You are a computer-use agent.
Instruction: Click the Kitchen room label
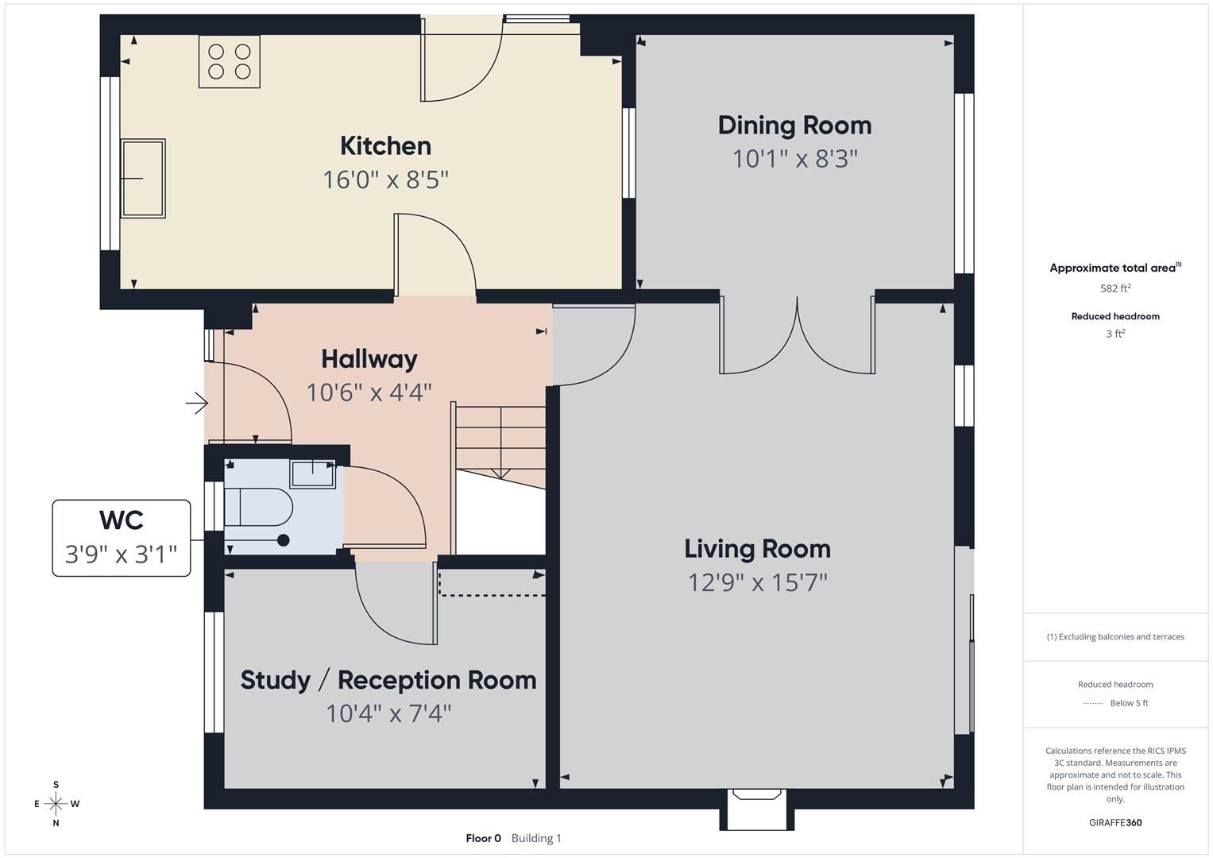tap(385, 146)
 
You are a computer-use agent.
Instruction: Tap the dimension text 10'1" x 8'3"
tap(794, 159)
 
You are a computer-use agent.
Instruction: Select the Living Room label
tap(757, 549)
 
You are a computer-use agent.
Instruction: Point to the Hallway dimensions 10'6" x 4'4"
tap(369, 392)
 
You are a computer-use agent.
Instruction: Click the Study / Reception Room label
tap(388, 680)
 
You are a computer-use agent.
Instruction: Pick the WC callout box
tap(122, 538)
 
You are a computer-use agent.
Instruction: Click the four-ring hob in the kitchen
tap(230, 62)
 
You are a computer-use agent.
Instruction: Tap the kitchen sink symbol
tap(143, 178)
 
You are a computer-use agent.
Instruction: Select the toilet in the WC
tap(258, 507)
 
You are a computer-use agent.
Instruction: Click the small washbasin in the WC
tap(313, 473)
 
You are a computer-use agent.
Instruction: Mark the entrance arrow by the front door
tap(196, 404)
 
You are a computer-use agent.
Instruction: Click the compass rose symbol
tap(56, 804)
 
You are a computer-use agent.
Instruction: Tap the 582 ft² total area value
tap(1115, 288)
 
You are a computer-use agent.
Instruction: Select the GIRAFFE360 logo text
tap(1115, 822)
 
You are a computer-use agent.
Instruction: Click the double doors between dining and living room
tap(797, 335)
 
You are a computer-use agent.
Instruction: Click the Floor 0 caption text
tap(483, 838)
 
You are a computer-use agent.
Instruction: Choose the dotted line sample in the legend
tap(1093, 703)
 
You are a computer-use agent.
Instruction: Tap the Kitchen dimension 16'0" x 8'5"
tap(385, 180)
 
